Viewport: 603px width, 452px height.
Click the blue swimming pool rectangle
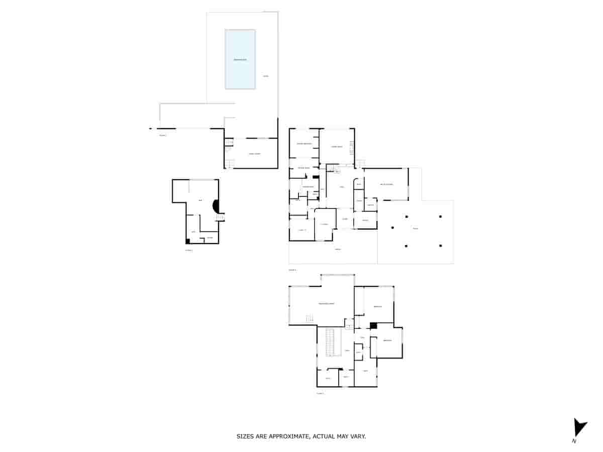(240, 59)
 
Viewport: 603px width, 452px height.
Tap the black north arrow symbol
(579, 428)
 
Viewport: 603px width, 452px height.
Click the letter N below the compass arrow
(574, 441)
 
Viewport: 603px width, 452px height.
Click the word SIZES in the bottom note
(245, 436)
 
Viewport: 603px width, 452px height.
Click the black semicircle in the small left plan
(217, 206)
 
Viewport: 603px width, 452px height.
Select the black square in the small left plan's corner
(188, 241)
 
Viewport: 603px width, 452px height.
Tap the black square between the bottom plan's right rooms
(373, 325)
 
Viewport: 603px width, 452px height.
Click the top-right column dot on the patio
(441, 216)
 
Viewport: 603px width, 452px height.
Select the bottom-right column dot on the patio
(441, 246)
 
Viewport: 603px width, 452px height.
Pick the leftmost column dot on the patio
(393, 228)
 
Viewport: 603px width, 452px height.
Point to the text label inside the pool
(240, 60)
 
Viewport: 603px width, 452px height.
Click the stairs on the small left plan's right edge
(221, 217)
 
